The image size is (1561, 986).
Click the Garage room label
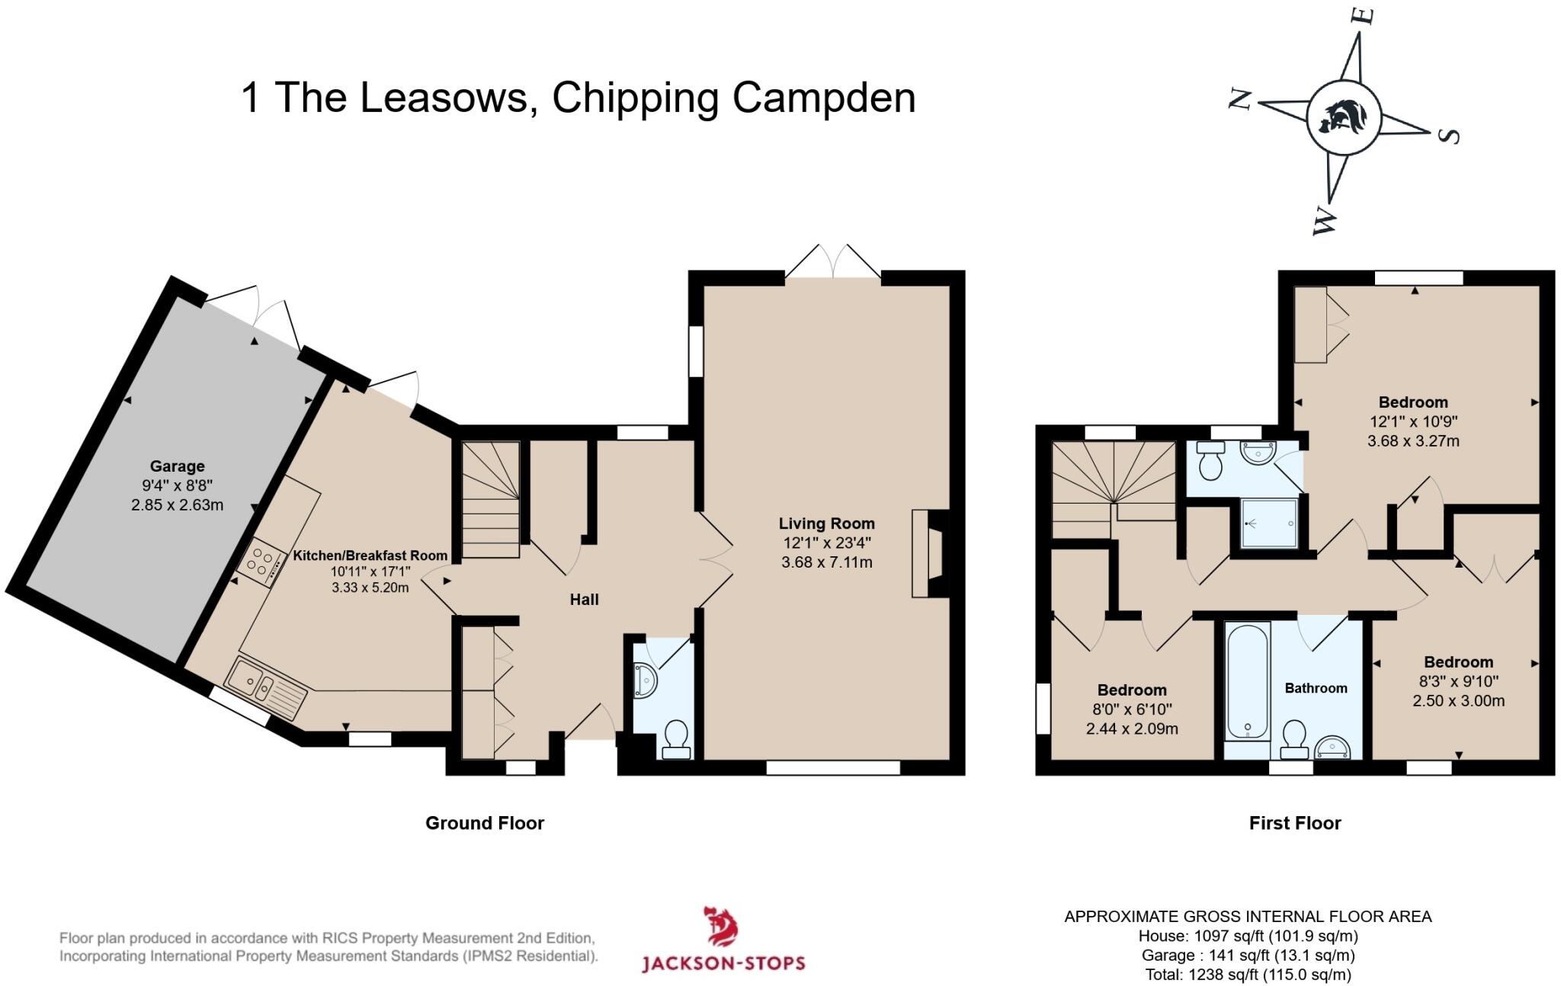point(177,466)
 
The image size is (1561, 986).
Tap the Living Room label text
point(826,523)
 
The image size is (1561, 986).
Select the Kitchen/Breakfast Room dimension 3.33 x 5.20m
point(370,587)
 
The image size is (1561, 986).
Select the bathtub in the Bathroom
point(1247,680)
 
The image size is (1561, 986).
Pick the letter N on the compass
point(1241,99)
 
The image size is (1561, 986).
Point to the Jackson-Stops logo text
point(723,963)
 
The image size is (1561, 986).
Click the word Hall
point(584,600)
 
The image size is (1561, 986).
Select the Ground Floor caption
point(485,823)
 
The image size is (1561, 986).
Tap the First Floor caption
point(1294,823)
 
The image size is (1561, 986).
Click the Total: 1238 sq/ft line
point(1248,975)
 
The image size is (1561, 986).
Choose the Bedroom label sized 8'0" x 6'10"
point(1132,690)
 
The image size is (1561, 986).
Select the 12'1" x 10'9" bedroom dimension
point(1413,421)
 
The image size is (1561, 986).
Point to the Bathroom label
point(1316,688)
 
